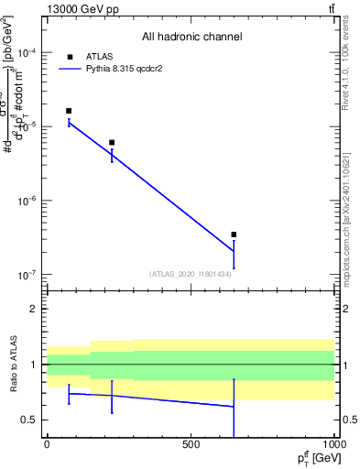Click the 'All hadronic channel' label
point(191,38)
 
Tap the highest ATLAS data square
point(69,111)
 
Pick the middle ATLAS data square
point(112,143)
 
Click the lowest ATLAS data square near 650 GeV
point(234,234)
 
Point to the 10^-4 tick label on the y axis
point(27,53)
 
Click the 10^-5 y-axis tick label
point(27,127)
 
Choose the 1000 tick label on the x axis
point(332,444)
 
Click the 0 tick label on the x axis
point(47,444)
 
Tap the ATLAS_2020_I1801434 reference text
point(190,274)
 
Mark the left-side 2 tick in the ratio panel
point(35,309)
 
